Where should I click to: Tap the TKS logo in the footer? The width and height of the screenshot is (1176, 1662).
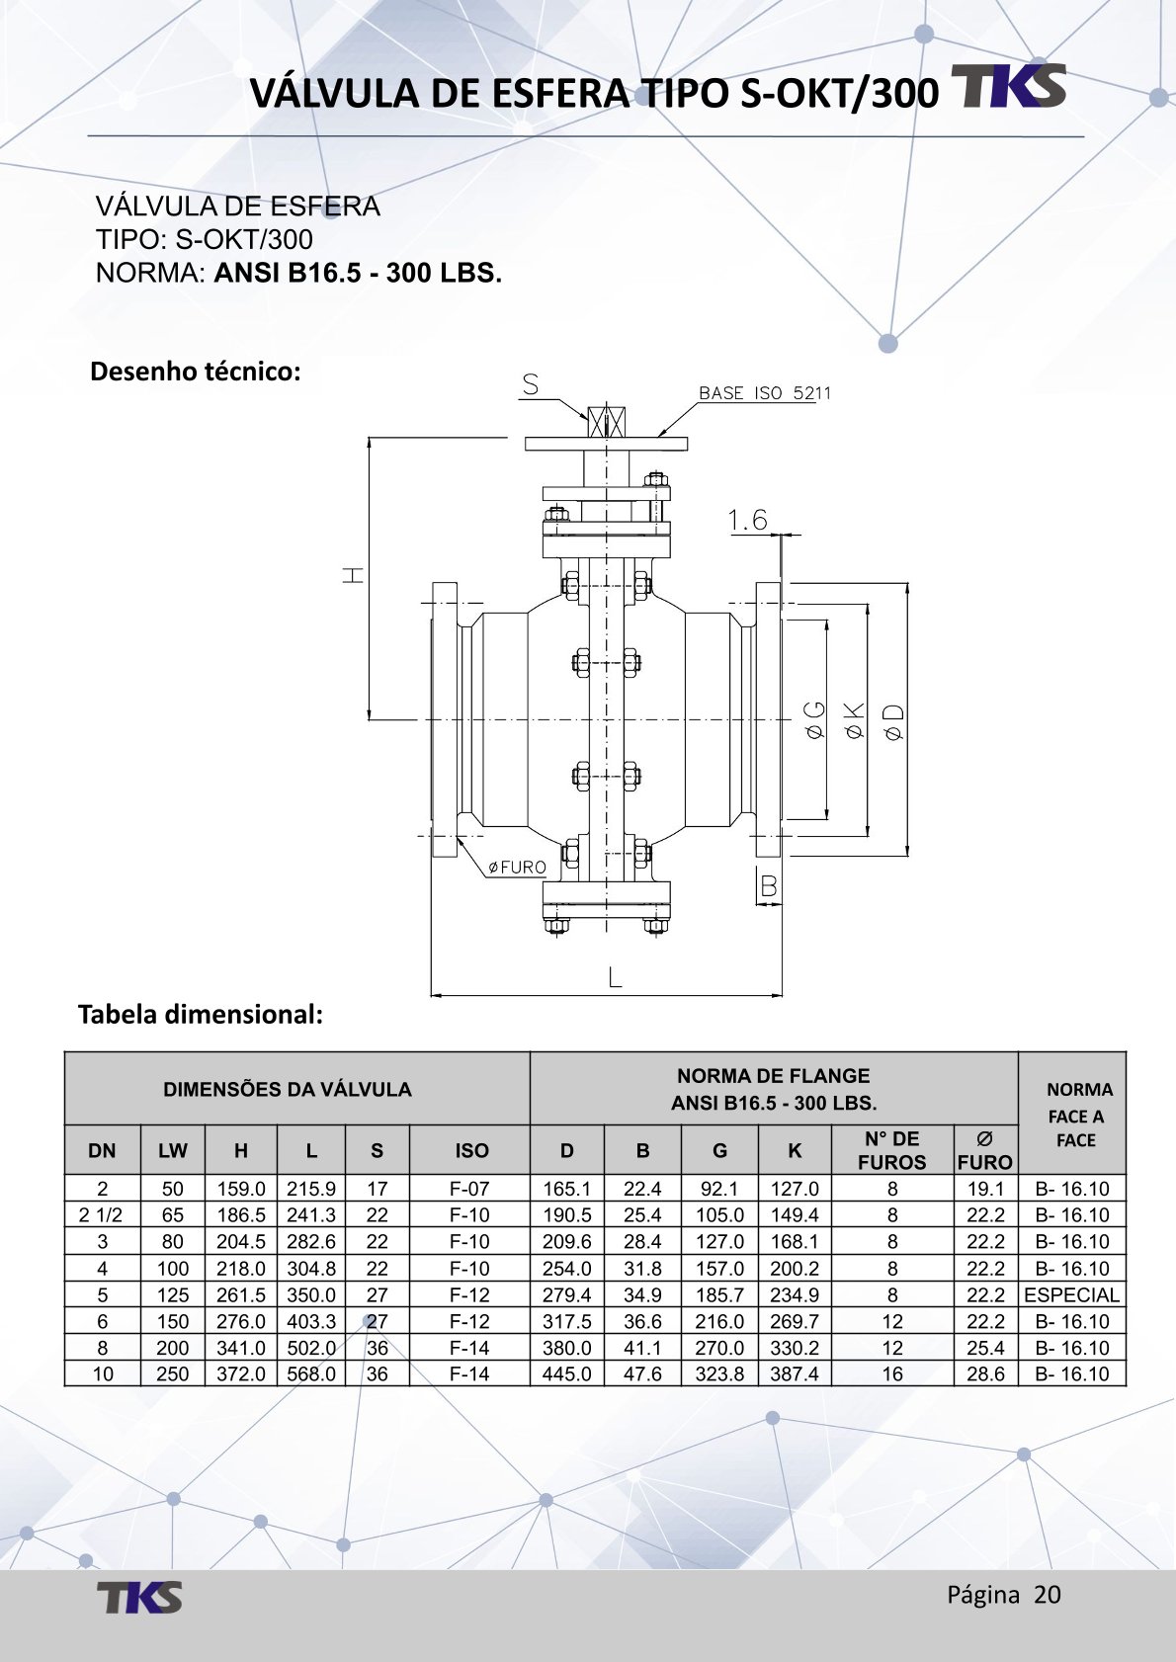point(139,1597)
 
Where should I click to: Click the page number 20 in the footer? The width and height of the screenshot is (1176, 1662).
point(1048,1594)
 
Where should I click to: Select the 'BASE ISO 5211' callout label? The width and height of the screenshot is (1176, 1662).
point(764,393)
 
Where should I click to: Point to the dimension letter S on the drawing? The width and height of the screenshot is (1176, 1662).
point(531,384)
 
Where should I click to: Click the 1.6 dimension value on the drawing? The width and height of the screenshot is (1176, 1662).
point(748,520)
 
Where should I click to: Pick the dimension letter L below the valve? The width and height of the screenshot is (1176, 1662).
point(615,978)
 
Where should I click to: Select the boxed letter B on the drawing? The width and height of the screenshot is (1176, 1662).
point(768,887)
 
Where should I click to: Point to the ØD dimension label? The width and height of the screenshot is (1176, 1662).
point(893,722)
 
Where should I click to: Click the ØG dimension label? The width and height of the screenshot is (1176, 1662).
point(814,720)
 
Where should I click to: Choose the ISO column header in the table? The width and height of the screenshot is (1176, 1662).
point(471,1150)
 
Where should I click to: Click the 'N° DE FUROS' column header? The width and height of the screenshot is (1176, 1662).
point(891,1150)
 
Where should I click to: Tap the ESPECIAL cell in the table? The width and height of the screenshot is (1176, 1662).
point(1071,1294)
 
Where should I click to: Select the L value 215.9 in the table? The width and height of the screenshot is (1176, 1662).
point(311,1189)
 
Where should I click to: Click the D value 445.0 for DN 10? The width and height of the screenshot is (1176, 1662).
point(566,1373)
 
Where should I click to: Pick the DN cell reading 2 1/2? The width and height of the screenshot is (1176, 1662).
point(102,1215)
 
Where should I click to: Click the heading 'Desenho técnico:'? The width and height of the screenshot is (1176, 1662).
point(195,372)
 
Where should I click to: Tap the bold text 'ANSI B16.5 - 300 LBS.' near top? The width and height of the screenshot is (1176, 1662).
point(358,273)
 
